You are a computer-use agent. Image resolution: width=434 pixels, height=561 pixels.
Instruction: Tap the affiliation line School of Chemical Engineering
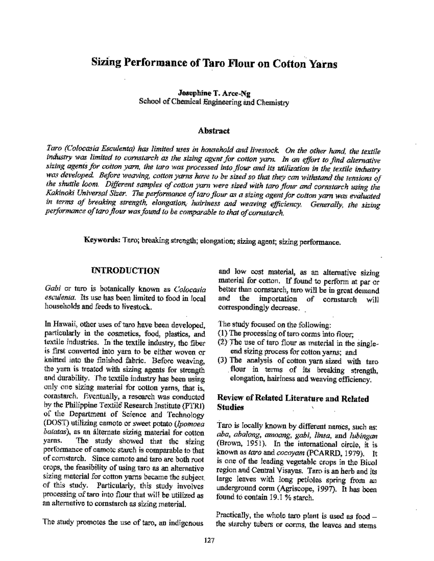click(214, 102)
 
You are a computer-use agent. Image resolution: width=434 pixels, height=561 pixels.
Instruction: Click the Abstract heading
click(214, 131)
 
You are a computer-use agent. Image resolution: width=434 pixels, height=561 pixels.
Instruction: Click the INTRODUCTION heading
click(125, 271)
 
